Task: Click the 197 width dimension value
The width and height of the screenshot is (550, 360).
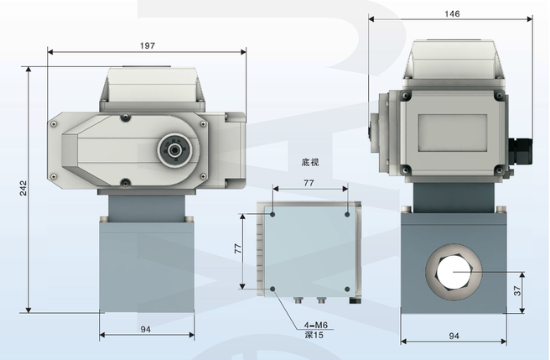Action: pyautogui.click(x=148, y=45)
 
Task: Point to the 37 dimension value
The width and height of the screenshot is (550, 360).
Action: pyautogui.click(x=517, y=290)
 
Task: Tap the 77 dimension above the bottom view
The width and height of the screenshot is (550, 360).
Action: pyautogui.click(x=309, y=182)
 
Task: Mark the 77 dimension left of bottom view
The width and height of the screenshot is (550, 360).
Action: pyautogui.click(x=238, y=250)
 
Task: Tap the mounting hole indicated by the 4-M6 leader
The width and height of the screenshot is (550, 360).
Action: pyautogui.click(x=273, y=290)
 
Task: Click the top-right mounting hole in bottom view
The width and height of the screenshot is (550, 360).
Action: pyautogui.click(x=347, y=214)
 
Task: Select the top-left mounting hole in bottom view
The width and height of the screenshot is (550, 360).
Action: pyautogui.click(x=272, y=214)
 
